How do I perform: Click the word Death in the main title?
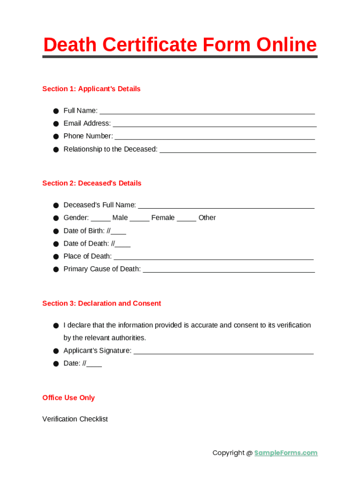click(x=71, y=45)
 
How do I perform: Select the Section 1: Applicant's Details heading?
click(x=91, y=89)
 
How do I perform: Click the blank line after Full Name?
click(x=207, y=112)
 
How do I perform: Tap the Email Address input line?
click(x=215, y=125)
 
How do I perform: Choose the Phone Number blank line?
click(x=215, y=138)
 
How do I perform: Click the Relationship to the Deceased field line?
click(x=238, y=151)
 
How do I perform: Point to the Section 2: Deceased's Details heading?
click(x=92, y=183)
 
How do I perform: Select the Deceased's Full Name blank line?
click(x=226, y=207)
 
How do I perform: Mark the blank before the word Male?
click(x=101, y=219)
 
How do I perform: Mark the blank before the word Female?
click(x=139, y=219)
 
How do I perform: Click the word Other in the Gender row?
click(x=207, y=218)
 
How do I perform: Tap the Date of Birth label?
click(x=84, y=231)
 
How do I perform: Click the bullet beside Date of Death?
click(x=55, y=244)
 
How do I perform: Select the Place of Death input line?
click(x=214, y=258)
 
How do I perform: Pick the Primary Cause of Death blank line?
click(x=229, y=270)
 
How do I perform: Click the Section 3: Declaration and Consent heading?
click(x=101, y=304)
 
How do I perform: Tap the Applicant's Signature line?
click(x=223, y=352)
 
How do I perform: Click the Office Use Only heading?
click(x=68, y=398)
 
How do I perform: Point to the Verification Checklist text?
click(x=75, y=419)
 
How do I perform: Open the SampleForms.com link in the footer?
click(x=286, y=453)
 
